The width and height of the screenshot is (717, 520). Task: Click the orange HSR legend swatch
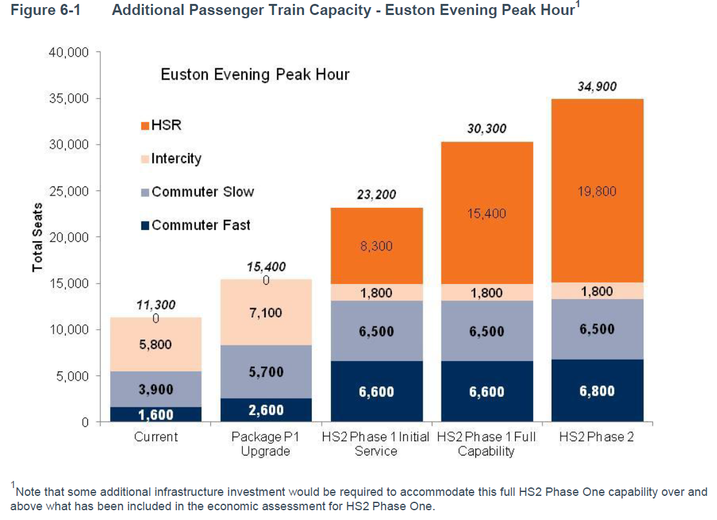coord(145,126)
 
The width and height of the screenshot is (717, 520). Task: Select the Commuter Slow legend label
coord(203,192)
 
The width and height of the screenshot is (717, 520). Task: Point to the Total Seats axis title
coord(37,237)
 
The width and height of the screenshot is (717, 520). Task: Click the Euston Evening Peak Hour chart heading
coord(255,74)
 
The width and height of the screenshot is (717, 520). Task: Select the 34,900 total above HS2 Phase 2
coord(597,87)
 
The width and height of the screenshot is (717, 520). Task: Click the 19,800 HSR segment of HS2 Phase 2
coord(597,191)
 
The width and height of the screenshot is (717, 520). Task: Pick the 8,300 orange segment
coord(376,246)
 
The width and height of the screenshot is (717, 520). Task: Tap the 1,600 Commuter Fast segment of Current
coord(156,414)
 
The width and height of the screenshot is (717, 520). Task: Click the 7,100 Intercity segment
coord(266,313)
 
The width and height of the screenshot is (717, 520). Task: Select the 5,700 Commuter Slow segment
coord(266,372)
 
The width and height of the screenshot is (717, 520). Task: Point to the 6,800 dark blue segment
coord(597,391)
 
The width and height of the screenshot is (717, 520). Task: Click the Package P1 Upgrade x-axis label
coord(266,444)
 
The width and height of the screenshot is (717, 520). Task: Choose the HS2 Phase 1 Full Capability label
coord(486,444)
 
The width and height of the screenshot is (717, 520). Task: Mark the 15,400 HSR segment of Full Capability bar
coord(486,213)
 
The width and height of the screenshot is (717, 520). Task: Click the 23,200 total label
coord(376,195)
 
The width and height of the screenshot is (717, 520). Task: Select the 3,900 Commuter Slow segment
coord(156,389)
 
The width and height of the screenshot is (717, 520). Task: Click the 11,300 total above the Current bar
coord(156,304)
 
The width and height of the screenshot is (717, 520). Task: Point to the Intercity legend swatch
coord(145,158)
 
